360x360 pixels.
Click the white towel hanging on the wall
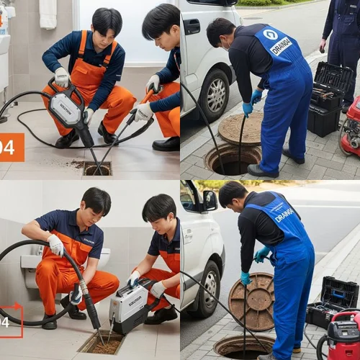(48, 14)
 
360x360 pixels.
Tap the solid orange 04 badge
(12, 147)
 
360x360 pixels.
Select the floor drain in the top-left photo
(97, 168)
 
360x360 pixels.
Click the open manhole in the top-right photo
(232, 160)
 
